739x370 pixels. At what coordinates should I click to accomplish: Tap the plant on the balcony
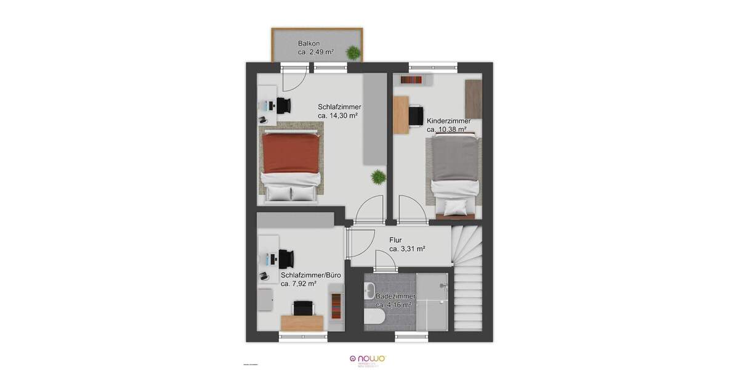click(x=353, y=54)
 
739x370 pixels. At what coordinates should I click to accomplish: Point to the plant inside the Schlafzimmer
click(x=377, y=178)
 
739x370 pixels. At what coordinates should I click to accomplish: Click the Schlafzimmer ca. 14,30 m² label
click(x=339, y=111)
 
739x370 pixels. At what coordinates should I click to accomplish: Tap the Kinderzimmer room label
click(x=449, y=125)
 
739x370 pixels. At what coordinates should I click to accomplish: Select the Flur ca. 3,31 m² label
click(x=407, y=245)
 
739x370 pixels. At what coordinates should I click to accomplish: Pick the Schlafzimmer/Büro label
click(x=302, y=279)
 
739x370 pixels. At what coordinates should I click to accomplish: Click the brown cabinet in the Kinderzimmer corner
click(x=473, y=99)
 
